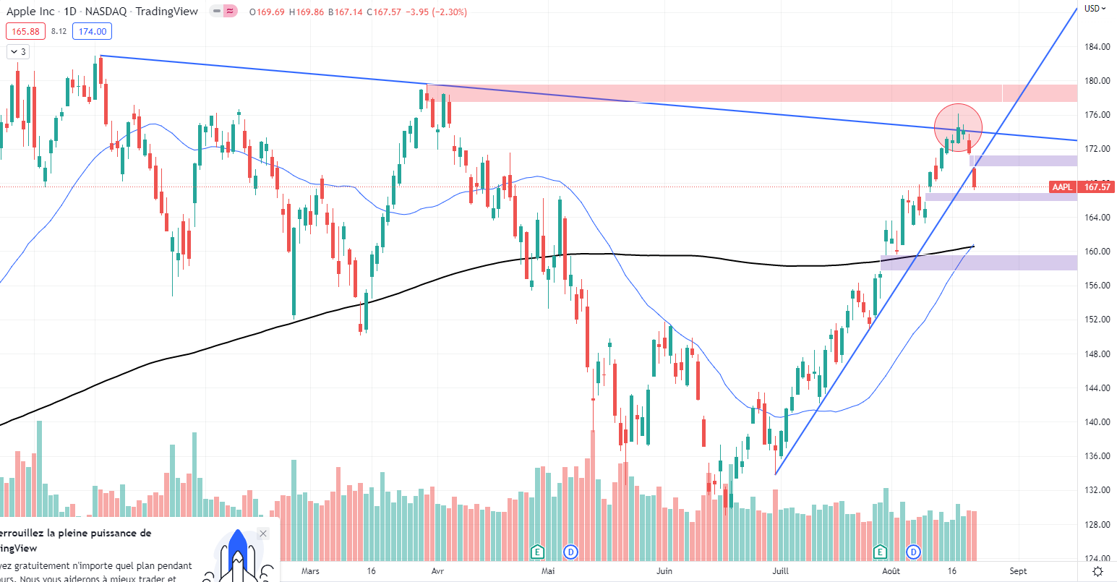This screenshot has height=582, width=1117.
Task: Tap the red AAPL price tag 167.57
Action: (1097, 187)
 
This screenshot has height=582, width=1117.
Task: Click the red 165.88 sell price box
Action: (26, 31)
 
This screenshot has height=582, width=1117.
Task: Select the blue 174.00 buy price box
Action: (93, 31)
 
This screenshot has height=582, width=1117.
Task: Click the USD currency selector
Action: (1095, 9)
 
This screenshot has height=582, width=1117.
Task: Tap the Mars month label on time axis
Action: (310, 571)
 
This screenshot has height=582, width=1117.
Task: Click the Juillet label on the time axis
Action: (780, 571)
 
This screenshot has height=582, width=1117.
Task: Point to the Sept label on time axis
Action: (1018, 571)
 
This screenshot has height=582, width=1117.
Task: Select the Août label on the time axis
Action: (891, 571)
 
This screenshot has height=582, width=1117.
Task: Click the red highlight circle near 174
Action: (958, 128)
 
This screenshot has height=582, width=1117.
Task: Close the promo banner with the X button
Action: (263, 534)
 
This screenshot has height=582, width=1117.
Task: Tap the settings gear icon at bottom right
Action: (1097, 571)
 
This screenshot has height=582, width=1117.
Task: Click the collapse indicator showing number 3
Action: (18, 52)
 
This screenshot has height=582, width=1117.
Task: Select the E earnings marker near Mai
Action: (537, 552)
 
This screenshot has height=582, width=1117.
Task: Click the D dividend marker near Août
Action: (914, 552)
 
